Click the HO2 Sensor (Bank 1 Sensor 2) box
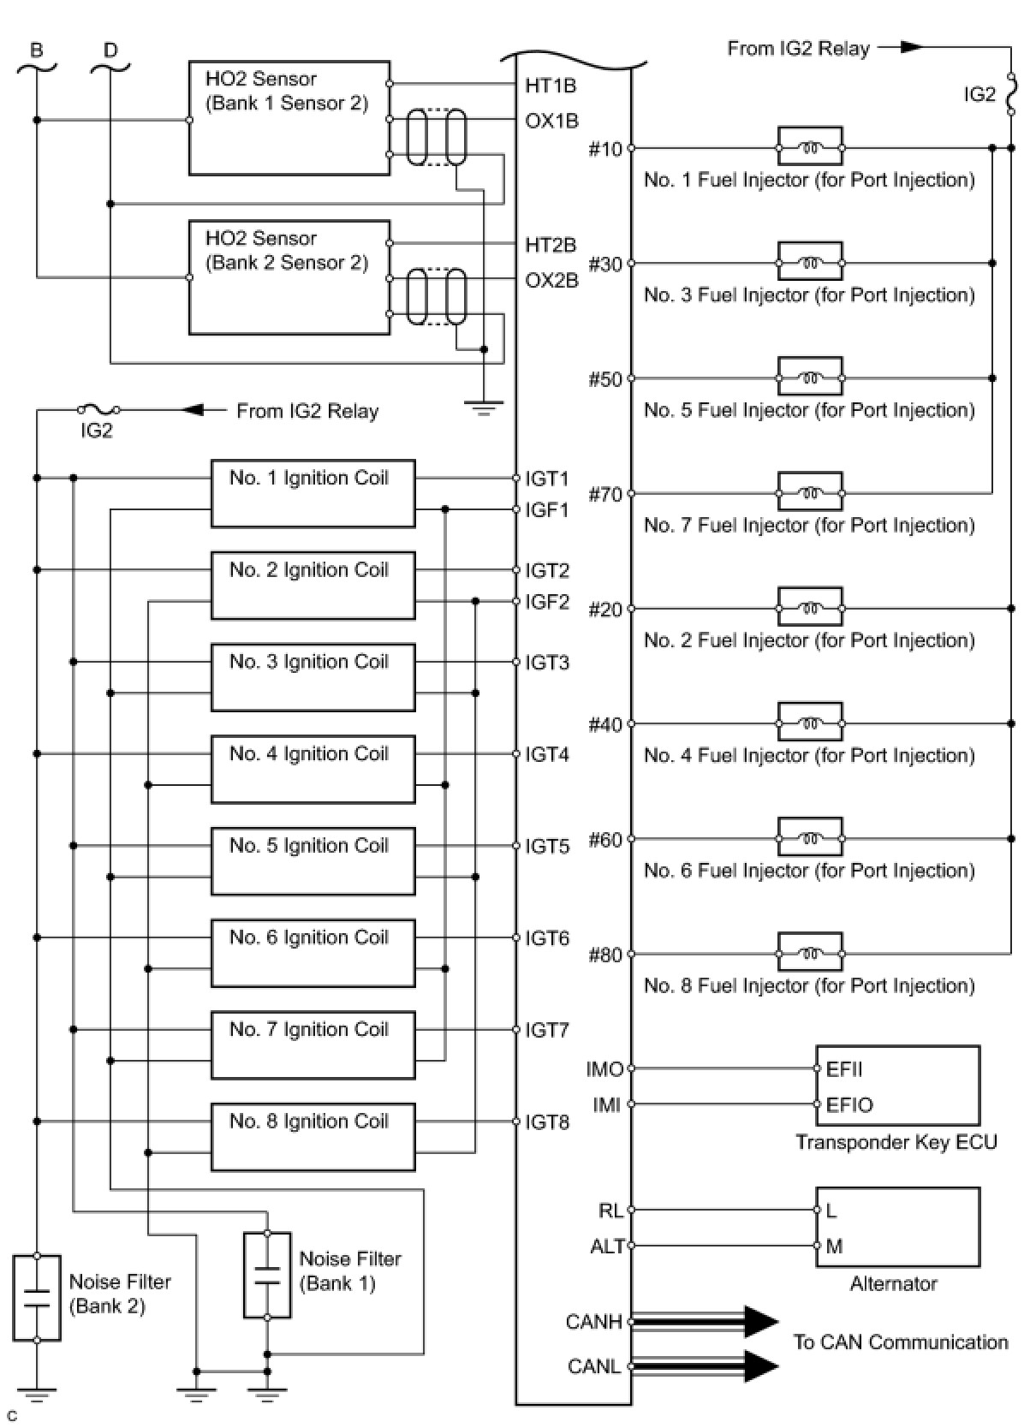(289, 118)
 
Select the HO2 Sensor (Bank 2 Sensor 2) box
(289, 277)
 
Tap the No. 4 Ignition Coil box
(313, 769)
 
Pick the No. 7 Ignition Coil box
(313, 1044)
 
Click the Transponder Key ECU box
(896, 1086)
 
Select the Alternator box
(896, 1227)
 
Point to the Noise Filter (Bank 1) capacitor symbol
(267, 1275)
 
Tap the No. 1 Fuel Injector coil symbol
(810, 148)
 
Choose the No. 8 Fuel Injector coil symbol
(810, 953)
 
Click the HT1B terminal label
(551, 85)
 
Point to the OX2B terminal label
(551, 281)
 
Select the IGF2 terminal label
(547, 602)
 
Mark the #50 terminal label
(605, 379)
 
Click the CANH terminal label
(593, 1322)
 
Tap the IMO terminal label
(604, 1069)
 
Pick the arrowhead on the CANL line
(760, 1366)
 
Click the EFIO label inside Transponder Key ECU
(849, 1105)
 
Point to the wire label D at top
(110, 51)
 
